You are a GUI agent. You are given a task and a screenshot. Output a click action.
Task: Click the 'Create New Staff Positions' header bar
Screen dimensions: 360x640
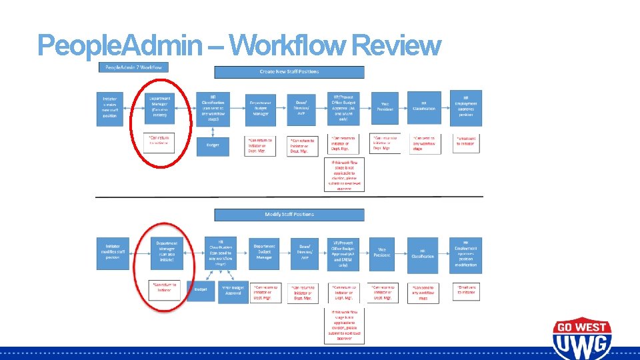tap(289, 72)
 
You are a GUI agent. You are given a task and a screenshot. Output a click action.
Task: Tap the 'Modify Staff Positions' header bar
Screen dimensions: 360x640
tap(289, 215)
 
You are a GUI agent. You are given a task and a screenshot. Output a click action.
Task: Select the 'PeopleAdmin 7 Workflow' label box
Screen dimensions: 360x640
tap(133, 67)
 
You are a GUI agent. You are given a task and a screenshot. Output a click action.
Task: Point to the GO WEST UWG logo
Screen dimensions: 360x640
tap(581, 339)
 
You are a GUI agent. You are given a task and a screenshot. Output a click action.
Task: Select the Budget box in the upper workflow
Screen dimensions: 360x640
tap(212, 145)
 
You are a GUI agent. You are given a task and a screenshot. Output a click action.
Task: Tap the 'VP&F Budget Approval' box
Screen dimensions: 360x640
tap(233, 291)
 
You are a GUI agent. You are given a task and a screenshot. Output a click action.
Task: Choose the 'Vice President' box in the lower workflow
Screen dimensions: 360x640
tap(382, 253)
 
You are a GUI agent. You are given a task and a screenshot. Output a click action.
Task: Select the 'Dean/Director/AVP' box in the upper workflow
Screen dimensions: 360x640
tap(301, 107)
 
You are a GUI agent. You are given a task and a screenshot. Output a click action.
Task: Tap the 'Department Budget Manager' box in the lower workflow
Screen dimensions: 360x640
tap(265, 253)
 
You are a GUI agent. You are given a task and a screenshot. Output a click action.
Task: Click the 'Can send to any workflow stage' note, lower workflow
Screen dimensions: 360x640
tap(423, 291)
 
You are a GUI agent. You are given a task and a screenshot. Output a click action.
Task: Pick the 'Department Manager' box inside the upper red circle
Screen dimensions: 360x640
tap(160, 107)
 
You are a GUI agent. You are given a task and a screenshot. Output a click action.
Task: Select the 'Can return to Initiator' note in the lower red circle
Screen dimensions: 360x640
tap(165, 288)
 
